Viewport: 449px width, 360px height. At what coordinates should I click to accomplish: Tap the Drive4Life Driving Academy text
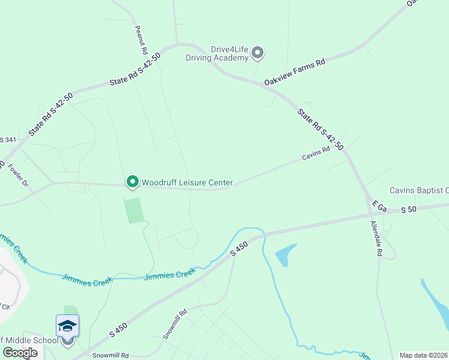point(217,54)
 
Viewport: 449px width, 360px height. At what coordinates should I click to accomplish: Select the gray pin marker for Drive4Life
point(258,53)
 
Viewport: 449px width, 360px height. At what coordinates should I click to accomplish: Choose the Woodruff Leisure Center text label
point(187,182)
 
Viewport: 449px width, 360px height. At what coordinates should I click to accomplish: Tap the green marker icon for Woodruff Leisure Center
point(132,181)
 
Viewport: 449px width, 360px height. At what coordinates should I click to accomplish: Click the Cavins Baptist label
point(419,191)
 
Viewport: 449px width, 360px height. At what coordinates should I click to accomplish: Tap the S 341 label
point(8,140)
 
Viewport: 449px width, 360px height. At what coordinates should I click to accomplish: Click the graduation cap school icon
point(67,326)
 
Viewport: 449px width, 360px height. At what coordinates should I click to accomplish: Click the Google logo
point(20,353)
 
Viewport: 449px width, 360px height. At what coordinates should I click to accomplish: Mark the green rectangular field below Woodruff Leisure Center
point(134,210)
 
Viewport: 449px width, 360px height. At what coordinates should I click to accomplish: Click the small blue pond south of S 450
point(286,254)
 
